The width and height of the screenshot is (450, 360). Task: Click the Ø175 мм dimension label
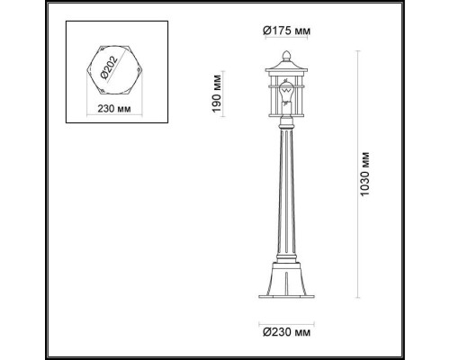pos(287,30)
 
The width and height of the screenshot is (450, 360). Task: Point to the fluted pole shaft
pos(287,198)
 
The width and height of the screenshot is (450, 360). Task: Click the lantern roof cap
pos(287,68)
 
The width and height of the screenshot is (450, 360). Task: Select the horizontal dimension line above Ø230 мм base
pos(287,321)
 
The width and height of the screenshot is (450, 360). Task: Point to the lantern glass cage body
pos(287,99)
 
